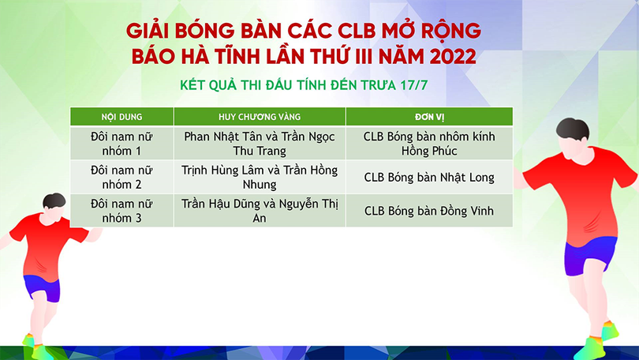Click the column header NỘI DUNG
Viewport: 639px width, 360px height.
click(121, 116)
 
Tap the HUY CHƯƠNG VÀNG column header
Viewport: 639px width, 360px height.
click(259, 116)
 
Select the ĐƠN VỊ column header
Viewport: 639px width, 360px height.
click(428, 116)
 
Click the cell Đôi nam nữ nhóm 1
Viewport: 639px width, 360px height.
click(121, 143)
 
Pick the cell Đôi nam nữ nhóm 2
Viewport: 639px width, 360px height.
click(121, 177)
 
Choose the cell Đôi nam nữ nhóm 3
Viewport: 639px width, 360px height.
click(121, 210)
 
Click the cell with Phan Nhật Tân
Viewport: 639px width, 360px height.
click(259, 143)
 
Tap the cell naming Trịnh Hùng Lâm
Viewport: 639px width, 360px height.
click(259, 177)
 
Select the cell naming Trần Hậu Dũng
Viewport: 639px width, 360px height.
click(259, 210)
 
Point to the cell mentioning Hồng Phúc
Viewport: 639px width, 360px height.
click(428, 143)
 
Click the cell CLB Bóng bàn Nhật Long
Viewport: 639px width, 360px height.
click(428, 177)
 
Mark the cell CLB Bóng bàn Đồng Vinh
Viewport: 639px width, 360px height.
click(428, 210)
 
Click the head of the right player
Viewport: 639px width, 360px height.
click(572, 136)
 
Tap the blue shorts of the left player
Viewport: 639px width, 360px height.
click(42, 285)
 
